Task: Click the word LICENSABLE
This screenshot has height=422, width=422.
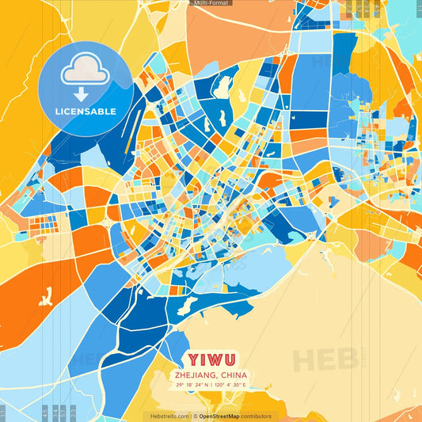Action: pyautogui.click(x=85, y=112)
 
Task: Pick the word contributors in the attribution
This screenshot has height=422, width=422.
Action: pyautogui.click(x=257, y=416)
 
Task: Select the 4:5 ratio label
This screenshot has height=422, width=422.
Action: pyautogui.click(x=44, y=412)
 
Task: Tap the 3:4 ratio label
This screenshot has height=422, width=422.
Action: pyautogui.click(x=55, y=412)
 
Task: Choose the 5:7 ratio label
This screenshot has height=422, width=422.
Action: pyautogui.click(x=64, y=412)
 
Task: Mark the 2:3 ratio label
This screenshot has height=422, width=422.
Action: pyautogui.click(x=74, y=412)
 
